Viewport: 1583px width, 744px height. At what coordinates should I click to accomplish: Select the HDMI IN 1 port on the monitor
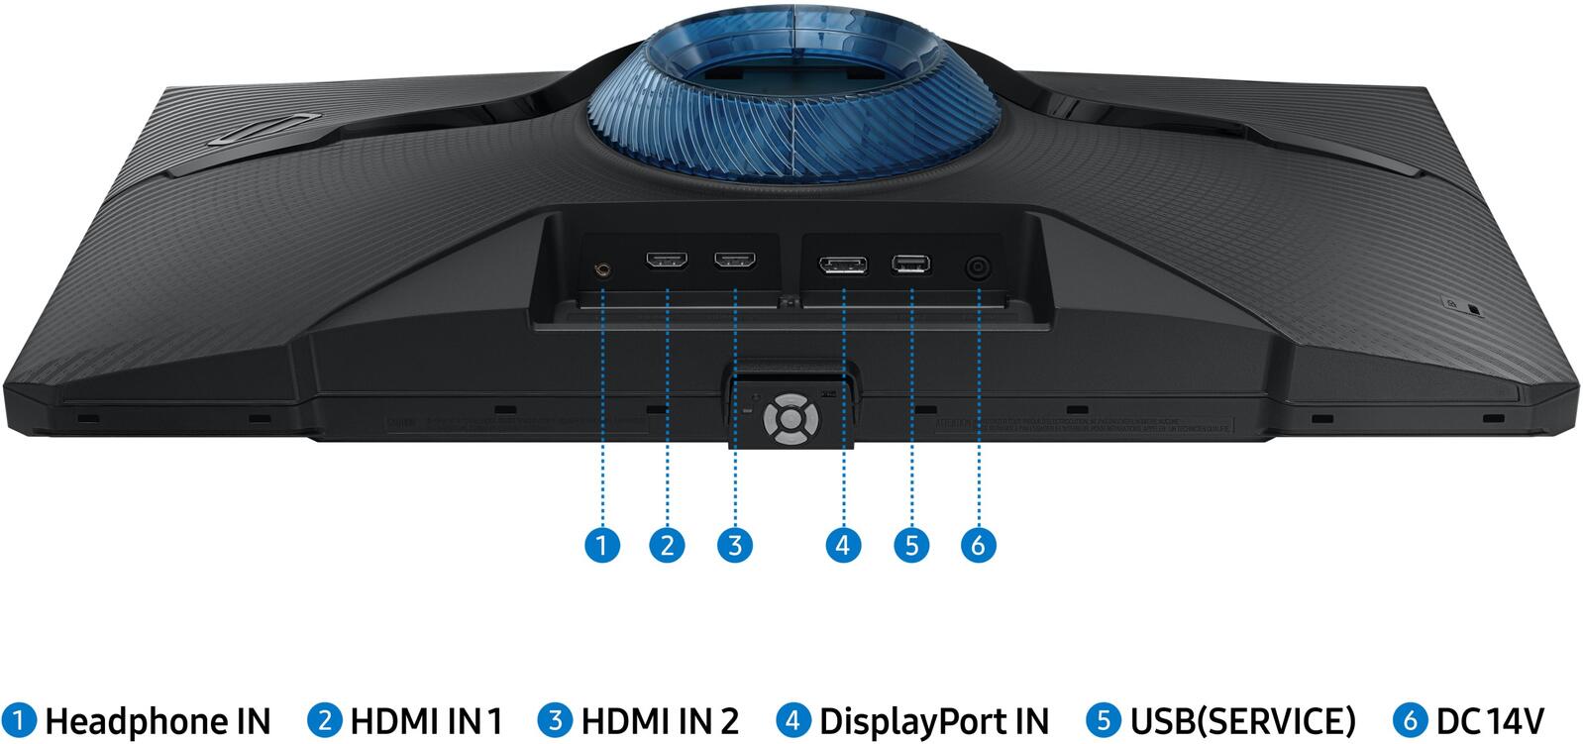point(668,263)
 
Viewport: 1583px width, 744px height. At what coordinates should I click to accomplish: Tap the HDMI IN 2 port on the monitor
point(736,263)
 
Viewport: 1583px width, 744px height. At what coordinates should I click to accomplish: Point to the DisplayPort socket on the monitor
point(842,266)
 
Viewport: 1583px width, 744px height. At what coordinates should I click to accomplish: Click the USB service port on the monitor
point(910,264)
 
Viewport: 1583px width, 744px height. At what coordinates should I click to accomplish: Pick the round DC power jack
point(979,268)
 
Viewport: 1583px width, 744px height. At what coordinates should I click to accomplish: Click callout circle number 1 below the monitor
point(601,544)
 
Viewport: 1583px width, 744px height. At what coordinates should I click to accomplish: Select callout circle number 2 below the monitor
point(667,544)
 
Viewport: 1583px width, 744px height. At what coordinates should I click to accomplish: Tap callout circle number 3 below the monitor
point(734,544)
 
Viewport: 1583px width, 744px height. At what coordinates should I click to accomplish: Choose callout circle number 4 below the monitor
point(842,544)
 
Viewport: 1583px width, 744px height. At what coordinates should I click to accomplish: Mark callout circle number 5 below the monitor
point(910,544)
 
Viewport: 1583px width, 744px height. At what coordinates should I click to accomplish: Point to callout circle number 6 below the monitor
point(978,544)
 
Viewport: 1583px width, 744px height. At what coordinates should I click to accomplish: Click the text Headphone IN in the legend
point(157,720)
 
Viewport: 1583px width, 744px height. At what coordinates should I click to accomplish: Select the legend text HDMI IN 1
point(426,720)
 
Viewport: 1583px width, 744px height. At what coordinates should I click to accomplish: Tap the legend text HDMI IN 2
point(659,720)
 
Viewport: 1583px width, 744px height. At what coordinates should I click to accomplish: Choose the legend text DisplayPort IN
point(933,720)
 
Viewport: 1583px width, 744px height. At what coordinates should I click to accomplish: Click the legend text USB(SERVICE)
point(1242,720)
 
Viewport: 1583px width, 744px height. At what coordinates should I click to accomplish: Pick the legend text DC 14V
point(1489,720)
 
